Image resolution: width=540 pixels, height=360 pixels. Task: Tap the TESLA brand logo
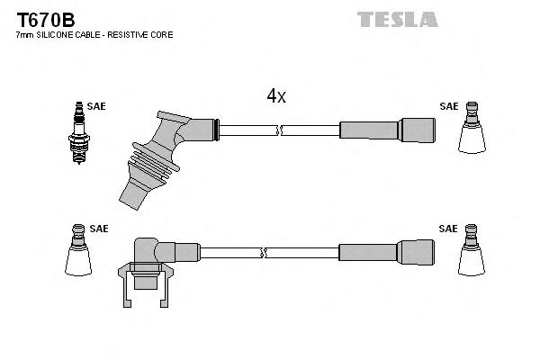pos(397,19)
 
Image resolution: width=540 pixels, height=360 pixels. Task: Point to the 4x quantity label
pos(275,96)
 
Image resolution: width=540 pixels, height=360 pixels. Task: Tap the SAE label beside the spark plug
pos(96,106)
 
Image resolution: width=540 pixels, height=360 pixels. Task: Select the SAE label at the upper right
pos(448,106)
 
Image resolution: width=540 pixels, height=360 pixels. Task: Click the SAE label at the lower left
pos(99,229)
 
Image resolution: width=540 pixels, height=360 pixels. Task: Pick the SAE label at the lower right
pos(448,229)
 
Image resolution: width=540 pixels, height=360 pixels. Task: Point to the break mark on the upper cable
pos(280,130)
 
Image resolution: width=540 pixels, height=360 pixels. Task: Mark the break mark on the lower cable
pos(262,252)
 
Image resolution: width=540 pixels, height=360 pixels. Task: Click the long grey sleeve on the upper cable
pos(370,130)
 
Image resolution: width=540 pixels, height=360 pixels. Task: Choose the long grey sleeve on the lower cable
pos(369,252)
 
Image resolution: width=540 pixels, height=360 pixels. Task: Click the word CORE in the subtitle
pos(161,35)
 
